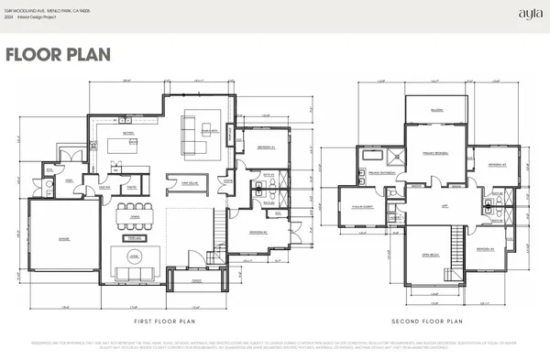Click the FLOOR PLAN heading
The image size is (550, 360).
click(x=58, y=54)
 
